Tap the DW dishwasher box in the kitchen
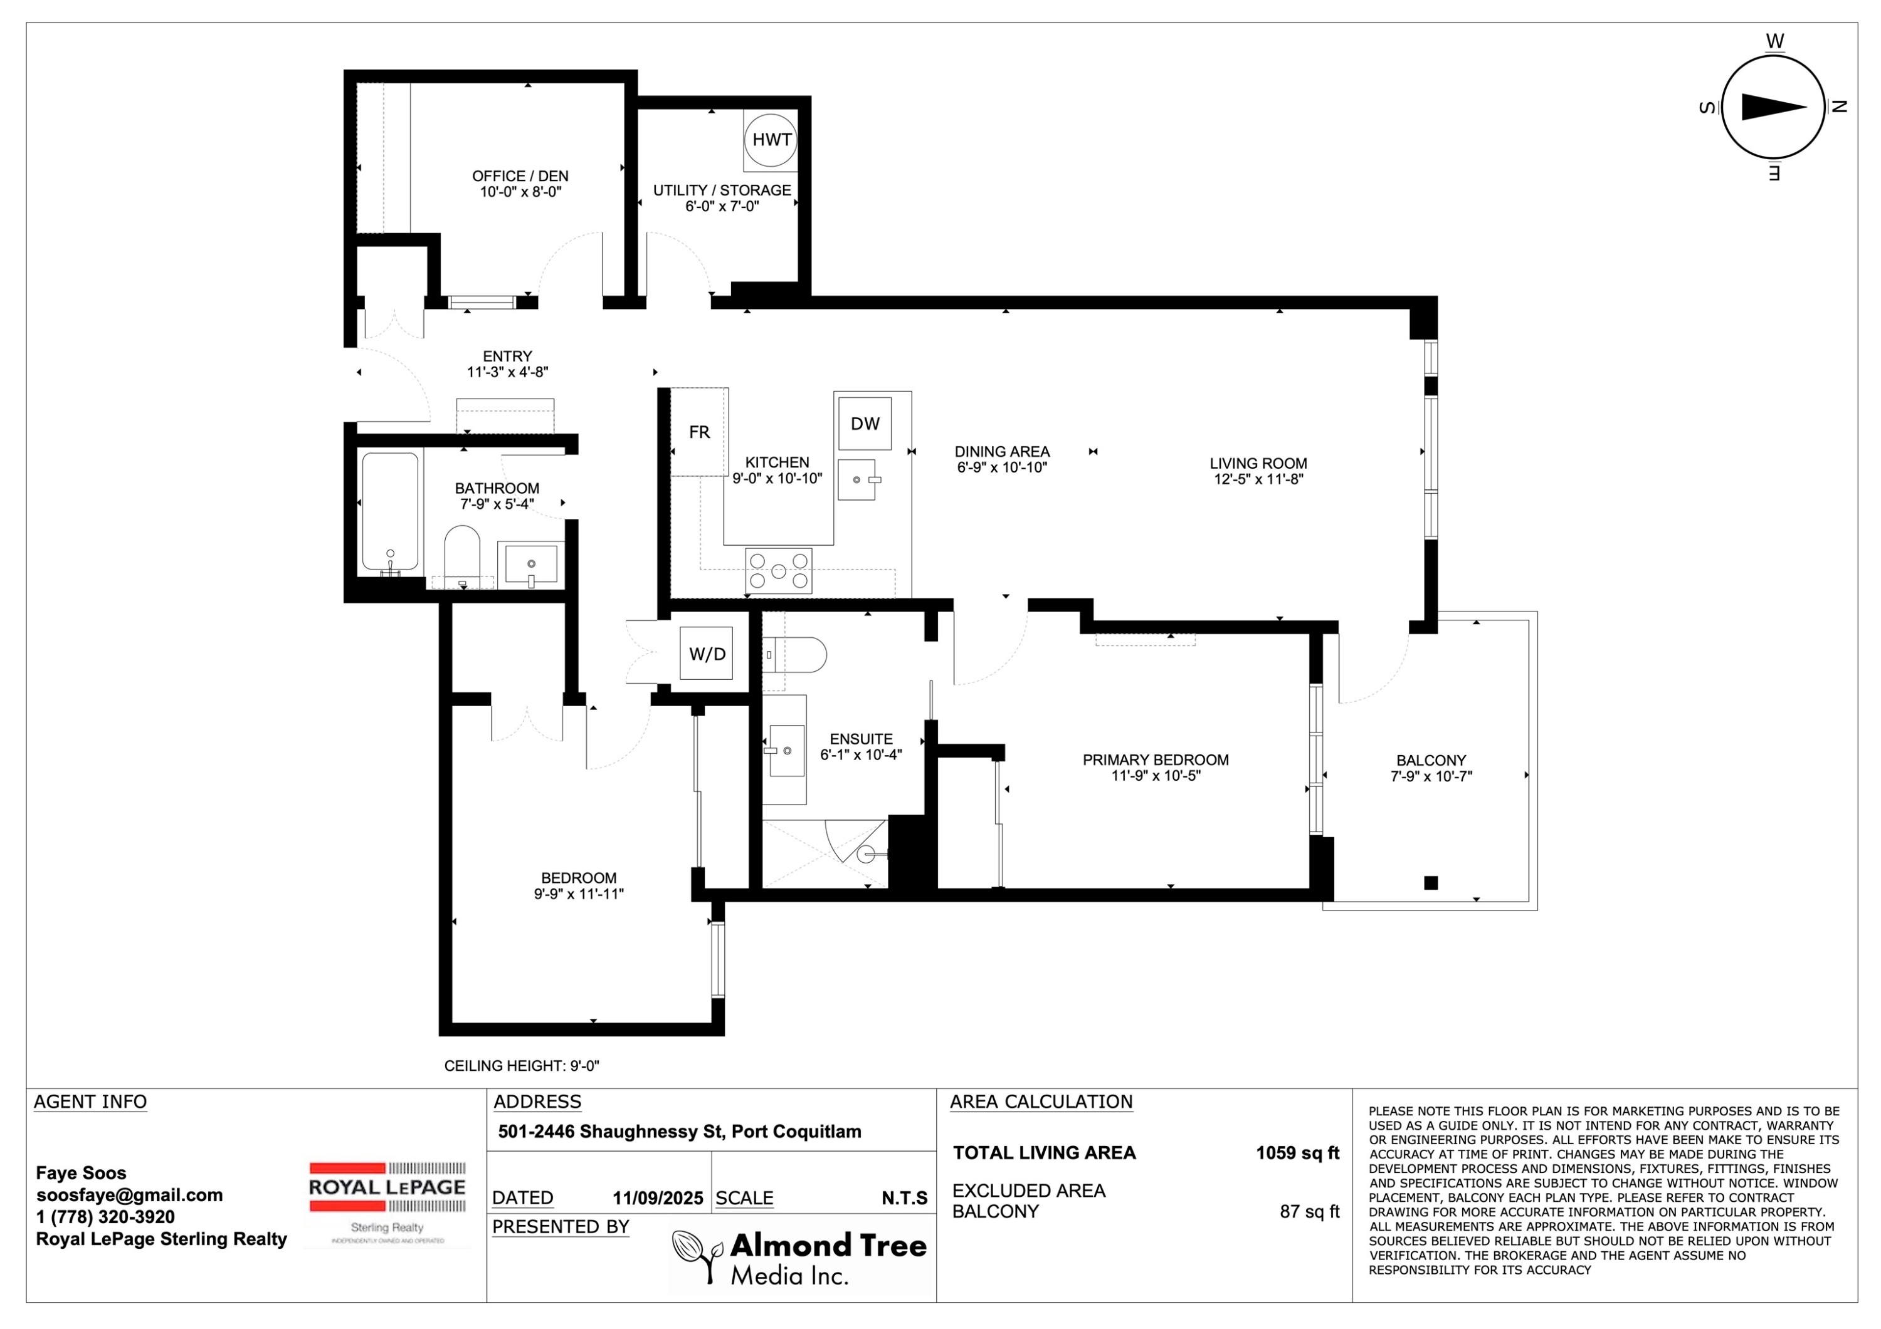click(865, 424)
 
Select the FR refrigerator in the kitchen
click(699, 432)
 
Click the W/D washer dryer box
click(707, 654)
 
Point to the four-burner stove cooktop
click(778, 571)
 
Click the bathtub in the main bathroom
click(390, 512)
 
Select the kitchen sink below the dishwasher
click(857, 480)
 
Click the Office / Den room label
click(520, 176)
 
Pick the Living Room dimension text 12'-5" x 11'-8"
click(1258, 479)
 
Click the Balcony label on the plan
click(1431, 761)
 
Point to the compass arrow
click(1774, 107)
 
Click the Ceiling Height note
click(522, 1066)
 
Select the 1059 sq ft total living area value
click(1298, 1153)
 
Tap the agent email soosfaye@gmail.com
click(129, 1196)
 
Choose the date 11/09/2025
click(658, 1199)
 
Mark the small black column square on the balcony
click(1431, 883)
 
